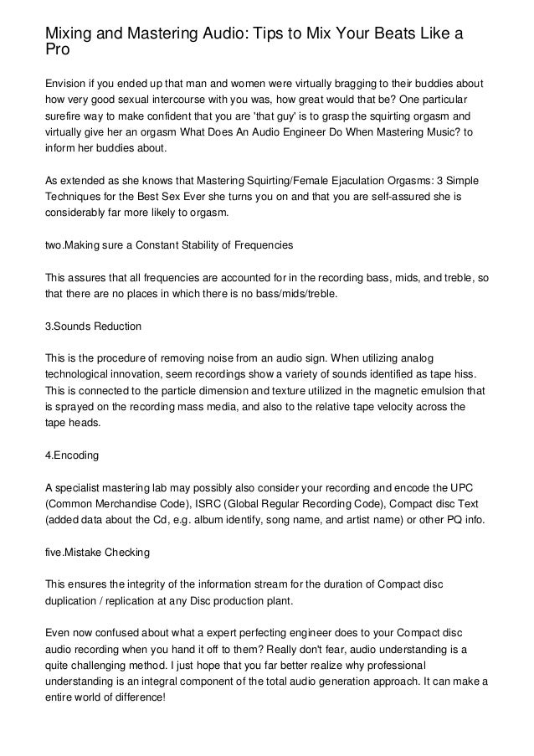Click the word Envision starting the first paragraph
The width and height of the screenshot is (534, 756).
tap(67, 85)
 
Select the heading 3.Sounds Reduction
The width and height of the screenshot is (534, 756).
tap(93, 325)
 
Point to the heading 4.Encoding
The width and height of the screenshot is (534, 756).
tap(72, 455)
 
